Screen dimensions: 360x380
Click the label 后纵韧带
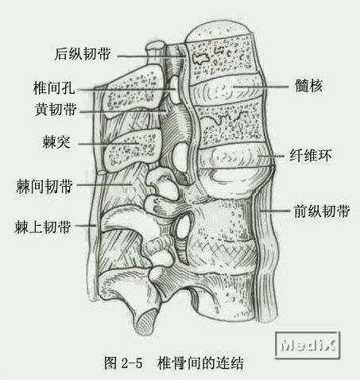(x=83, y=54)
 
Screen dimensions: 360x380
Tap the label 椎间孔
(x=54, y=87)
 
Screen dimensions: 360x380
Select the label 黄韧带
(x=56, y=109)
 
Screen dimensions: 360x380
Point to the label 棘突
(x=56, y=142)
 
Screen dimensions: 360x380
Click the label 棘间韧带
(x=45, y=186)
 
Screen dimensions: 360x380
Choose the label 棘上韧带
(x=43, y=227)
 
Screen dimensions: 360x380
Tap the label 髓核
(x=309, y=86)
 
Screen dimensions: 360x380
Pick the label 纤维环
(x=311, y=156)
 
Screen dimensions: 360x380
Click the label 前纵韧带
(x=322, y=211)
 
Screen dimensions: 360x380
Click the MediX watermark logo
(x=308, y=345)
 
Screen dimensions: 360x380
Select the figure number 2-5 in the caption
(x=132, y=363)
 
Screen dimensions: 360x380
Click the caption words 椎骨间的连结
(x=200, y=363)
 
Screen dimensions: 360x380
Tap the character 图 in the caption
(x=110, y=363)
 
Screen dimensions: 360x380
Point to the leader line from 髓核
(x=260, y=87)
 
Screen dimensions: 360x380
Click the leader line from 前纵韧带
(x=274, y=211)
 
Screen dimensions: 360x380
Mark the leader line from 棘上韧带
(x=85, y=226)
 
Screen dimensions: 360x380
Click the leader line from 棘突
(x=109, y=144)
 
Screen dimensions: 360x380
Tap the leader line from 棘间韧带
(x=104, y=184)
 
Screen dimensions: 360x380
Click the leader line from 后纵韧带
(x=151, y=56)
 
